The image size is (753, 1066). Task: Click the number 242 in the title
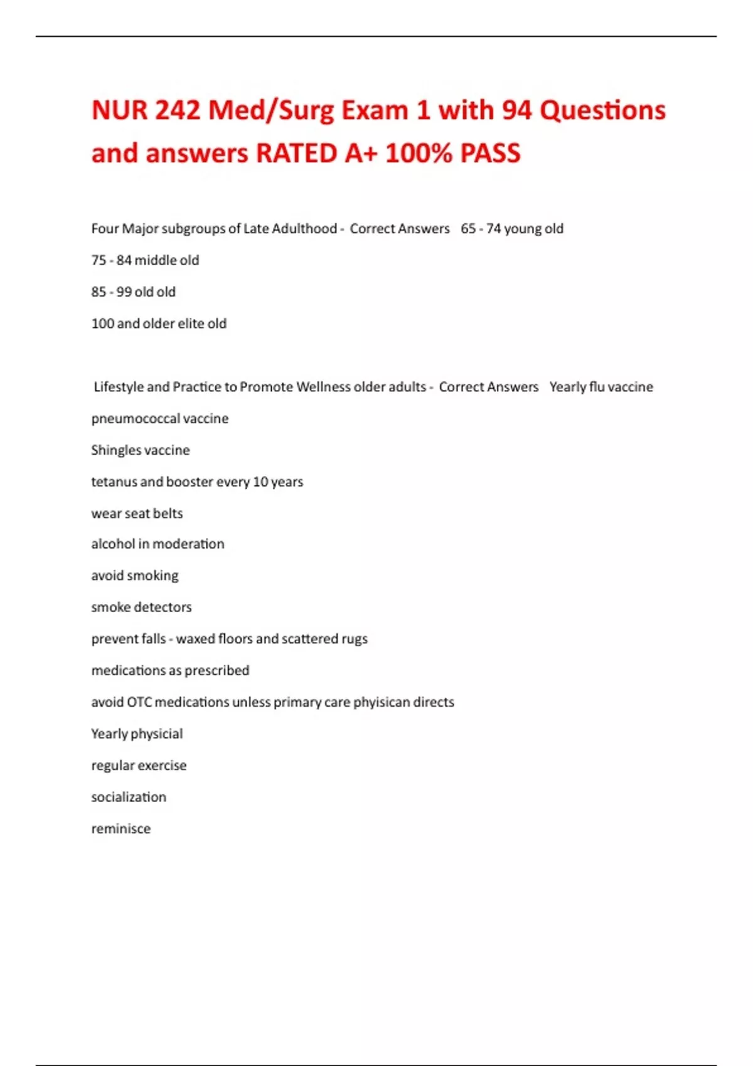point(178,110)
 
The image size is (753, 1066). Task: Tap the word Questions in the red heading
point(602,110)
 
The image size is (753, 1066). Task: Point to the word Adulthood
point(304,228)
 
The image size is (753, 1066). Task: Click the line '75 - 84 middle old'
point(145,260)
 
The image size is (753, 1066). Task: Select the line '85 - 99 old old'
point(133,292)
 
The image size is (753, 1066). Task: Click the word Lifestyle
point(119,387)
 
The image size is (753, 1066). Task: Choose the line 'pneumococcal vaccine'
point(159,418)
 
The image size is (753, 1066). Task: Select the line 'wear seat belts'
point(137,514)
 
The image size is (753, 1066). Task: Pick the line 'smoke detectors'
point(141,607)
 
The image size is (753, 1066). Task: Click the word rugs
point(355,639)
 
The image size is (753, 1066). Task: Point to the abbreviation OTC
point(139,702)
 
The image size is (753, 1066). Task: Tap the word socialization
point(129,797)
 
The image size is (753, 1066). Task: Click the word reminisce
point(121,829)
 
